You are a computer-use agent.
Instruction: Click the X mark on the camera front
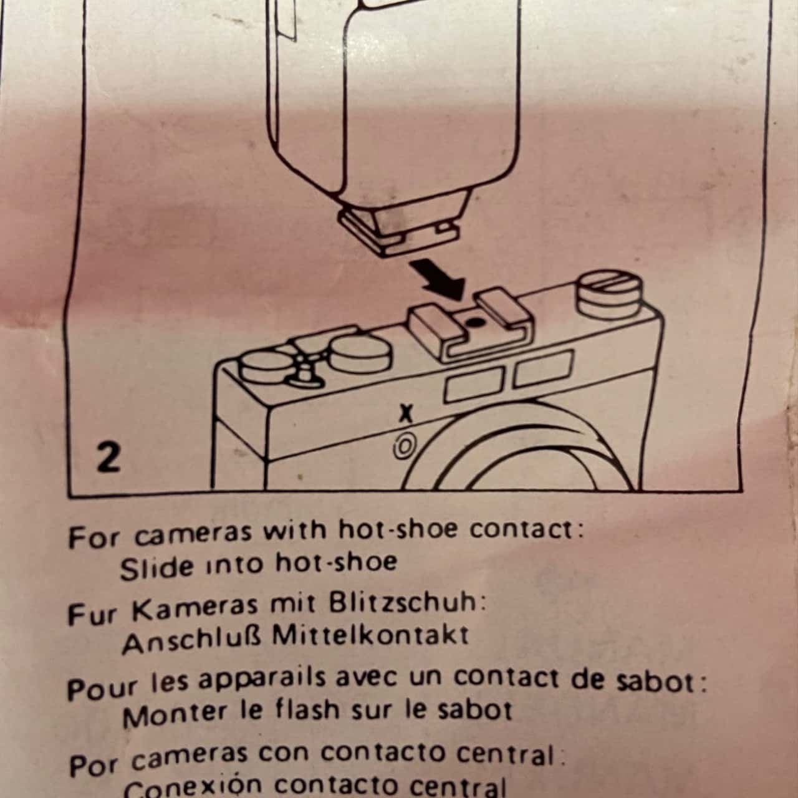(x=406, y=413)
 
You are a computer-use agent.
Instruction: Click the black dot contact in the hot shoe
(x=472, y=322)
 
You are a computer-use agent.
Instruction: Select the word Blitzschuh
(x=405, y=603)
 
